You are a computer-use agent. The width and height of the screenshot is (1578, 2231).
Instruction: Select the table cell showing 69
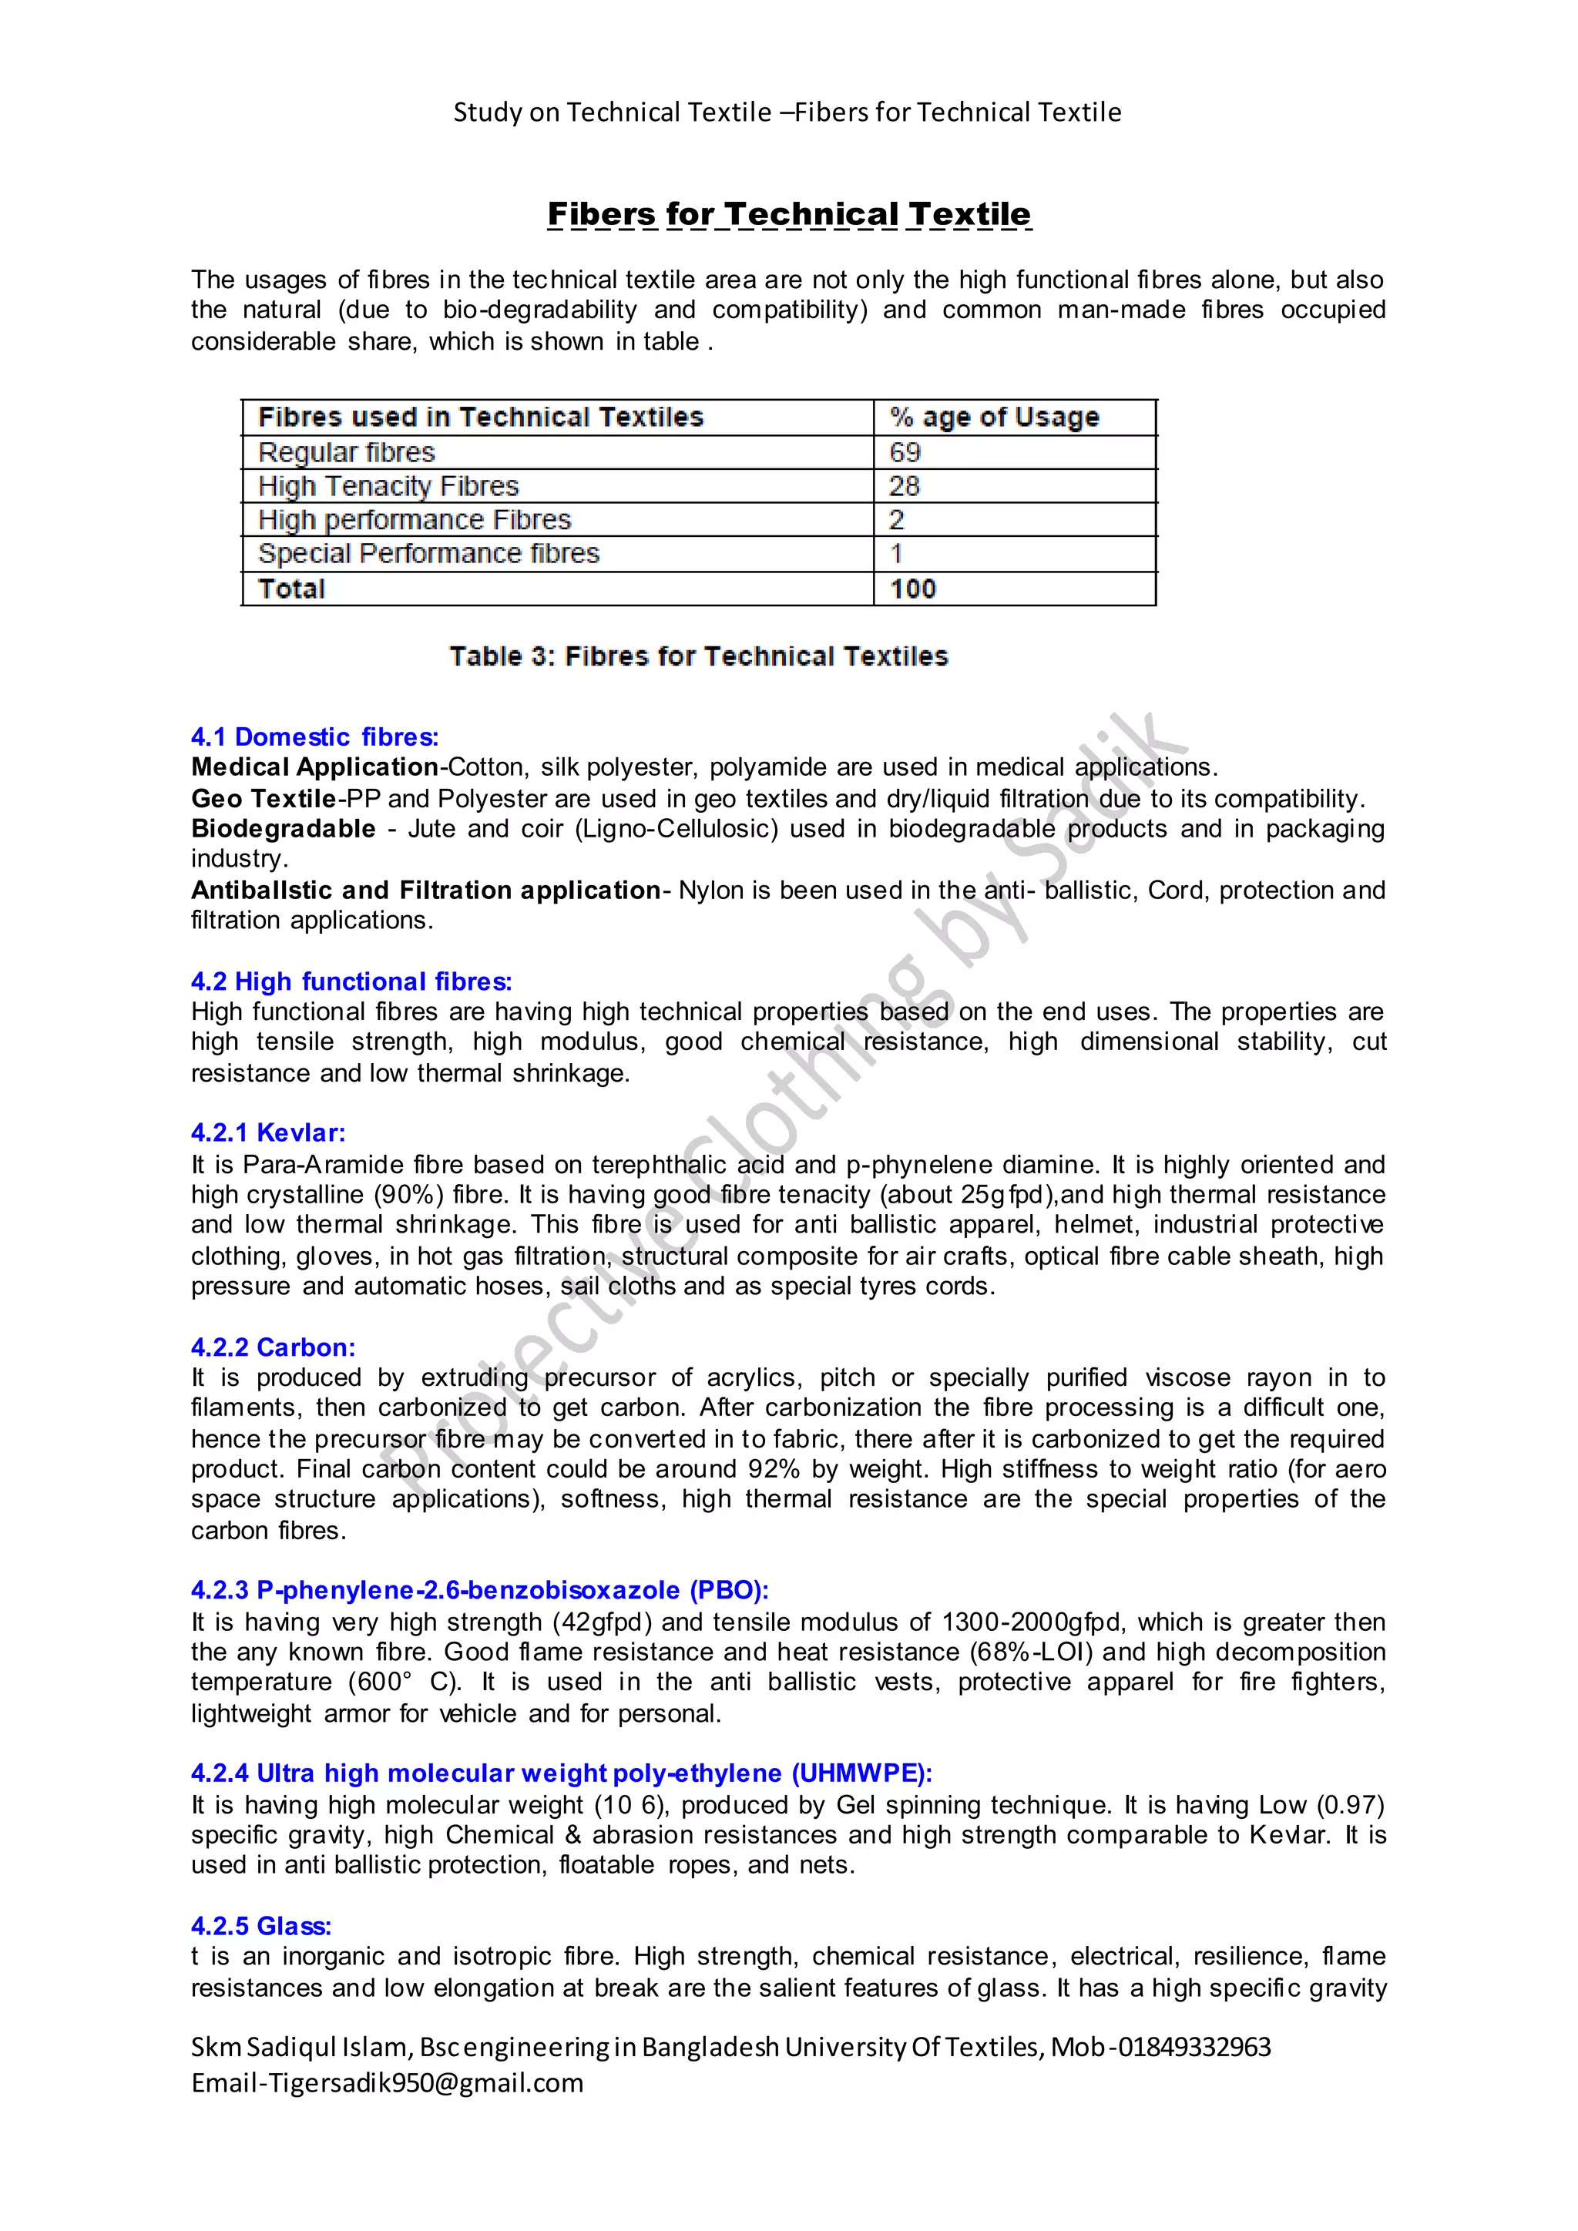(x=905, y=452)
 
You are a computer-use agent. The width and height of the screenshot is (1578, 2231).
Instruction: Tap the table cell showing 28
(x=904, y=486)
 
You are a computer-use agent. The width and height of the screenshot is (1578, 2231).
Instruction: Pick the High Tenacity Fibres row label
(x=388, y=486)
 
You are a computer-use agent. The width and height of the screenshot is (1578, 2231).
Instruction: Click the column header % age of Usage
(x=994, y=417)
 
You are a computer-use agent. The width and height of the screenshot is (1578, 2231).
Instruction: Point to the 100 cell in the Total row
(x=912, y=589)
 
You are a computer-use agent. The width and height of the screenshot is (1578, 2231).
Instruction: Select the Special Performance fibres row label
(x=428, y=554)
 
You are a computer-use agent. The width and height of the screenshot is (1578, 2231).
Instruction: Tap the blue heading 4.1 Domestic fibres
(x=315, y=736)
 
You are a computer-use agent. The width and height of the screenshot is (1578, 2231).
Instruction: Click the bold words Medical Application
(x=315, y=767)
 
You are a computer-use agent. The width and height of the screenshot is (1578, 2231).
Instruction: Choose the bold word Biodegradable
(x=283, y=829)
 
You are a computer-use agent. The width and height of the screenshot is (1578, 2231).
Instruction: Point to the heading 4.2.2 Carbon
(x=273, y=1347)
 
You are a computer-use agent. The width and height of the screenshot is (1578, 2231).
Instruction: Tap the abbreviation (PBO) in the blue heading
(x=729, y=1591)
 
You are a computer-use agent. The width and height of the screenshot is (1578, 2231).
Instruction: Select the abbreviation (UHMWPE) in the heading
(x=861, y=1773)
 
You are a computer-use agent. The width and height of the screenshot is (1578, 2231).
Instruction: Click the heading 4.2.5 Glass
(x=260, y=1926)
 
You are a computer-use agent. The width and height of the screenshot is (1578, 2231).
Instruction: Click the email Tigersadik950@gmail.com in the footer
(x=425, y=2083)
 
